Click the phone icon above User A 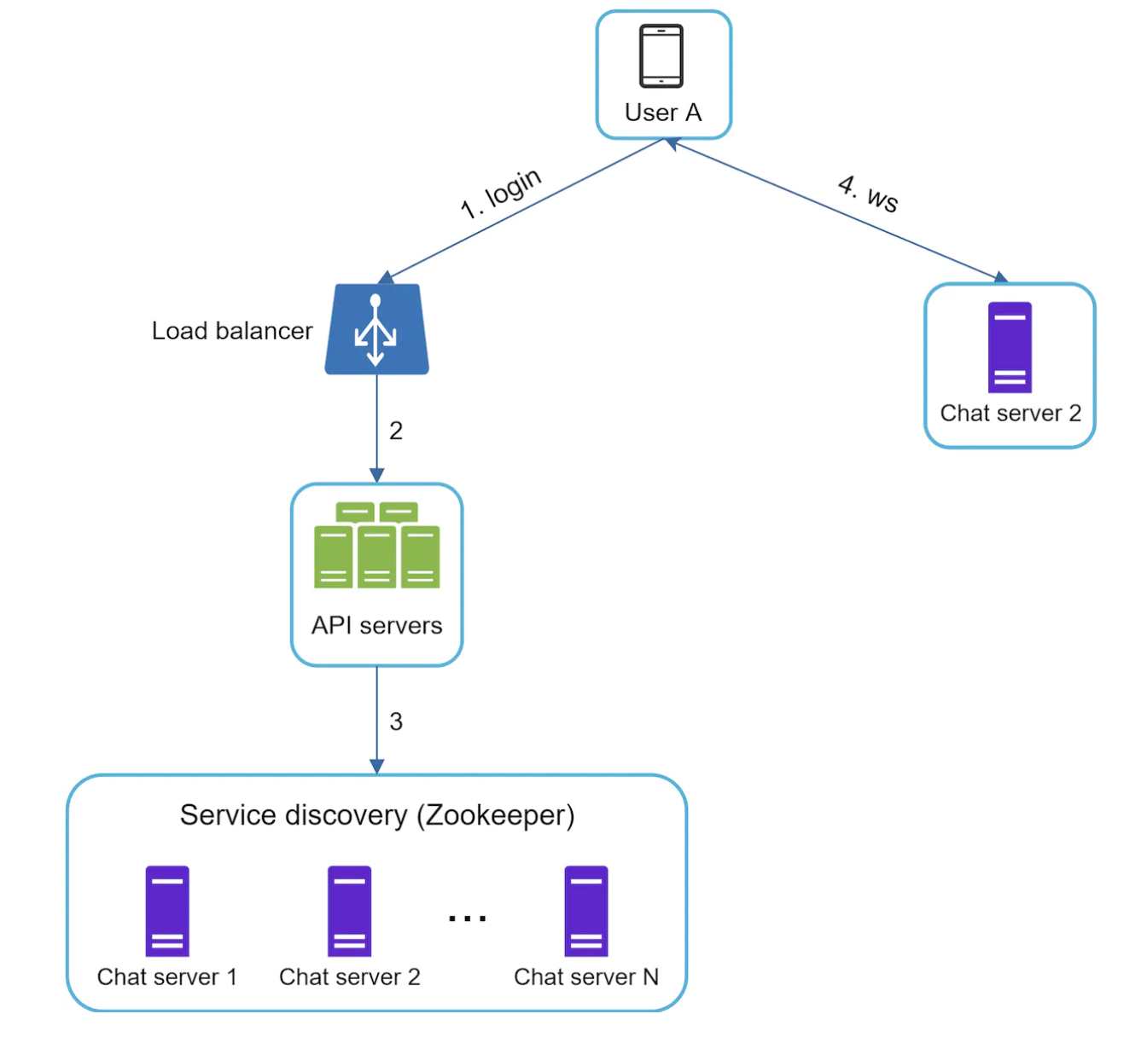pos(661,56)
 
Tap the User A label pos(663,113)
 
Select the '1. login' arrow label pos(501,194)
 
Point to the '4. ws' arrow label pos(868,193)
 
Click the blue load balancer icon pos(376,329)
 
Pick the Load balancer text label pos(232,331)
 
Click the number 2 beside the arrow pos(396,431)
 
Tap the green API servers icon pos(376,546)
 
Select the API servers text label pos(376,626)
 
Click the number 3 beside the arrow pos(396,721)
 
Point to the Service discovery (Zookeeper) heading pos(376,815)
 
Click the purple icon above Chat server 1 pos(167,911)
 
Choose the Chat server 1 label pos(167,977)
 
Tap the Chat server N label pos(586,977)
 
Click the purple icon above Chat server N pos(586,911)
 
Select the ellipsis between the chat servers pos(467,918)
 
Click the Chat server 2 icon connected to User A pos(1010,347)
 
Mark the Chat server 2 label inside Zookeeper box pos(350,977)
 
